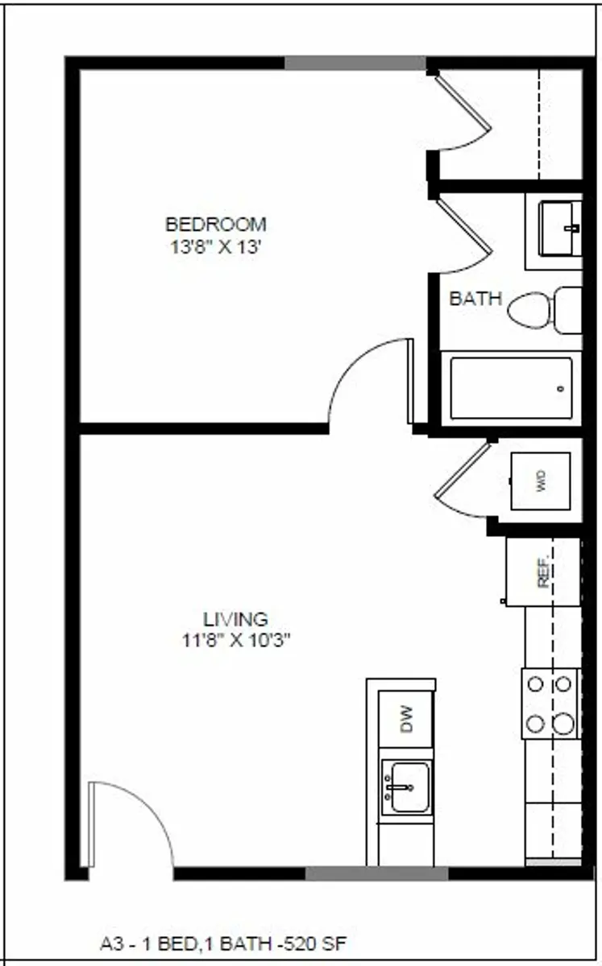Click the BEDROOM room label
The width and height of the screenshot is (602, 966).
coord(216,225)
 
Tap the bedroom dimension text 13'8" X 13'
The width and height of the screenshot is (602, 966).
coord(216,247)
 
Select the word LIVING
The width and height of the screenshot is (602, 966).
coord(236,619)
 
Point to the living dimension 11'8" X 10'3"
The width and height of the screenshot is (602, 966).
coord(236,641)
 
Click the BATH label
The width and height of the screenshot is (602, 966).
coord(475,299)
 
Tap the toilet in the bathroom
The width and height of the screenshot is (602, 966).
coord(545,310)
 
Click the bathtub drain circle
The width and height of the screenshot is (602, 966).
coord(561,389)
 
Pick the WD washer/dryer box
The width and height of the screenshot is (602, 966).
coord(541,481)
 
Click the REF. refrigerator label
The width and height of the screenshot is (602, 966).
coord(544,571)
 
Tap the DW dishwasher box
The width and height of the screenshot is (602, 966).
coord(406,719)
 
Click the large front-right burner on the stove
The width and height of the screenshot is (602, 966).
coord(564,724)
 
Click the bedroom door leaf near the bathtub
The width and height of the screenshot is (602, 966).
coord(410,382)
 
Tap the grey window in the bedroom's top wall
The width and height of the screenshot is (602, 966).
coord(355,63)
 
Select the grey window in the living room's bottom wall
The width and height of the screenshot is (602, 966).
coord(376,873)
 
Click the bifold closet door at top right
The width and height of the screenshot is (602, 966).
coord(464,113)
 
